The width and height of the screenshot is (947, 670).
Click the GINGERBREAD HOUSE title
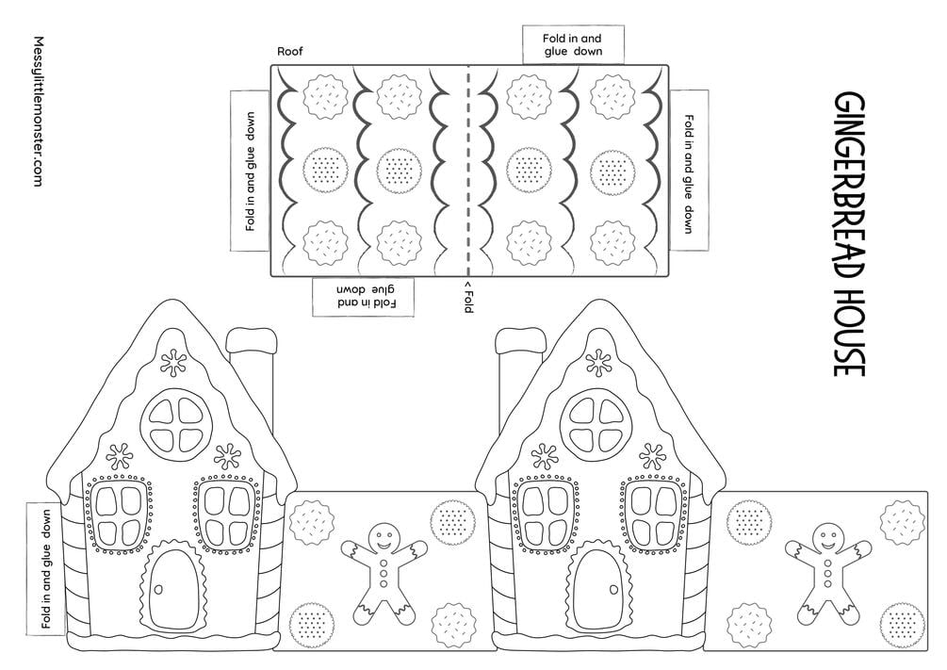[x=850, y=234]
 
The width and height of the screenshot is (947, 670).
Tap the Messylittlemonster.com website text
[x=38, y=111]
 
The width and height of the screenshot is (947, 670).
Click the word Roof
[x=290, y=51]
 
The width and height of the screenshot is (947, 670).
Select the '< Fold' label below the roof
[x=468, y=296]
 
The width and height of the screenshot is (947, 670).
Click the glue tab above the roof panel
[x=573, y=44]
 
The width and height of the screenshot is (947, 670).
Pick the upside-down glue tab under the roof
[x=363, y=296]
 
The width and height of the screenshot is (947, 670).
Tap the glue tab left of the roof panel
[x=250, y=171]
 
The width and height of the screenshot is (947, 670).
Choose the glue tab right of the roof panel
[x=689, y=171]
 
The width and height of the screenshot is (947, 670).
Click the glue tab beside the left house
[x=46, y=568]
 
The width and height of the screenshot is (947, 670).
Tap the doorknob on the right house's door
[x=613, y=590]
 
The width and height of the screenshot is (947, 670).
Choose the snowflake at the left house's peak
[x=174, y=363]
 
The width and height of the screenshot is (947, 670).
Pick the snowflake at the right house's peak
[x=598, y=363]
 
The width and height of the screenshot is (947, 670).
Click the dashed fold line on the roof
[x=468, y=171]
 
